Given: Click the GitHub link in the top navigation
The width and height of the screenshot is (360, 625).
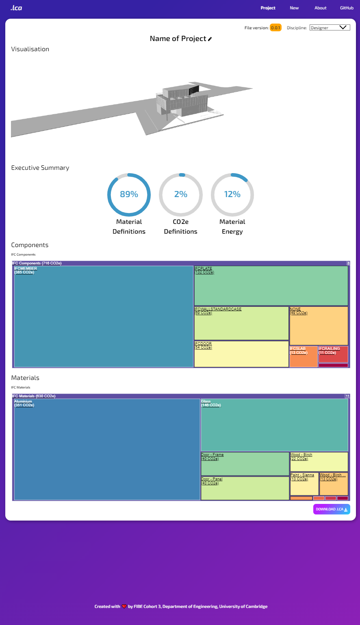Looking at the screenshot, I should pyautogui.click(x=347, y=8).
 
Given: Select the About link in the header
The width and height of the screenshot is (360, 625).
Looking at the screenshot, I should pyautogui.click(x=320, y=8).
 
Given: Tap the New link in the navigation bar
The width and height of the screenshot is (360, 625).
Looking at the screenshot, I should pyautogui.click(x=294, y=8).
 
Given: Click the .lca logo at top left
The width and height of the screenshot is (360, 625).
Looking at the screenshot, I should pyautogui.click(x=16, y=8).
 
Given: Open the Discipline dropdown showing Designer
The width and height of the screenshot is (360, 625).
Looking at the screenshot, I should pyautogui.click(x=330, y=28).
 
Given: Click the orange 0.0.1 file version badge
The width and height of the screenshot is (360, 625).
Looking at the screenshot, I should pyautogui.click(x=275, y=28).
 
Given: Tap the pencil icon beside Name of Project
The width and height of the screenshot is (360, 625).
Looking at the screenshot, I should pyautogui.click(x=210, y=39).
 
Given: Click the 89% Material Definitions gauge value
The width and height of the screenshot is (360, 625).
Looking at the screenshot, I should pyautogui.click(x=129, y=194).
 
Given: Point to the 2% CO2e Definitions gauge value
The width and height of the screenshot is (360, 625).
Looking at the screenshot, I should pyautogui.click(x=180, y=194).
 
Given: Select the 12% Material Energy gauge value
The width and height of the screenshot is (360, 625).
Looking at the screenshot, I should pyautogui.click(x=232, y=194).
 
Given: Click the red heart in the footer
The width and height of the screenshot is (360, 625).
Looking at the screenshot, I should pyautogui.click(x=124, y=607).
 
